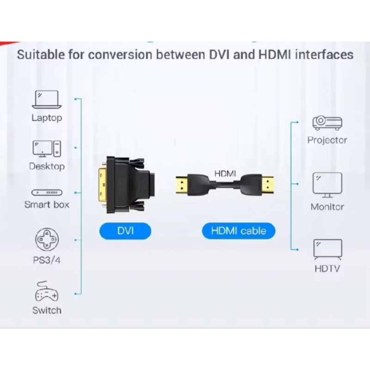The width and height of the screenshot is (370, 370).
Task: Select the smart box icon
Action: pos(47,192)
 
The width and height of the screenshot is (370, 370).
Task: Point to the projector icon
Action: pos(327,123)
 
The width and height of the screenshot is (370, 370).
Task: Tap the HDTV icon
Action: pos(327,249)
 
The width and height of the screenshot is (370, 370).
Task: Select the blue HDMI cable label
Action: pos(239,230)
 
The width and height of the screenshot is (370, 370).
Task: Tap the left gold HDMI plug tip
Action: pos(181,185)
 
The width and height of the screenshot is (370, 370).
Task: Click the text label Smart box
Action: pos(47,204)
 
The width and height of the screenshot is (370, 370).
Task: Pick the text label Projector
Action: pos(327,140)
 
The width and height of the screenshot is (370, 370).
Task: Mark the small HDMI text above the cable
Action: pos(225,173)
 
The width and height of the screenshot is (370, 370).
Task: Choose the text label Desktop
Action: pos(47,166)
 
